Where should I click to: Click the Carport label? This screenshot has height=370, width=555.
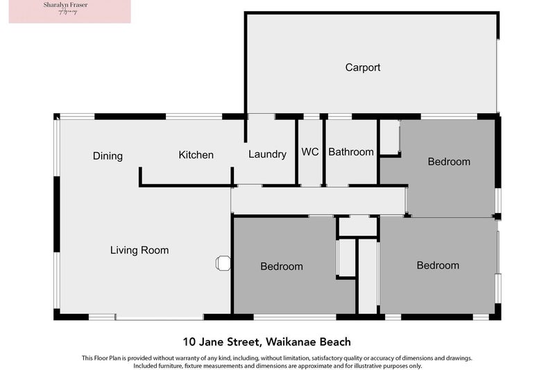(x=363, y=67)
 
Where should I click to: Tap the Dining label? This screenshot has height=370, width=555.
(x=108, y=156)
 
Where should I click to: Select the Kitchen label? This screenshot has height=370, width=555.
(x=196, y=155)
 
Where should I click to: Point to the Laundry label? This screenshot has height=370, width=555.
(x=266, y=154)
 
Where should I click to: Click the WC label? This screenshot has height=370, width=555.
(x=310, y=151)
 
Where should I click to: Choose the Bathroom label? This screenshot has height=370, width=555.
(x=350, y=152)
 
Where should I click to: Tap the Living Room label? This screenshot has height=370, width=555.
(x=139, y=250)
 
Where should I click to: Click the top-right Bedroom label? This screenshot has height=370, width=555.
(x=449, y=162)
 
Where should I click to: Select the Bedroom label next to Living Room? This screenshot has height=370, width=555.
(x=282, y=266)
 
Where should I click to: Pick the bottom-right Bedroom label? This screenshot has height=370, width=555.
(x=438, y=265)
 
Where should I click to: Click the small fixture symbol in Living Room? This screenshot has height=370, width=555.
(x=223, y=262)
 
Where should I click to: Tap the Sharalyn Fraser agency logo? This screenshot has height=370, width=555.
(x=69, y=12)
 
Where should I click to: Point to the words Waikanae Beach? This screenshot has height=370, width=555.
(x=307, y=342)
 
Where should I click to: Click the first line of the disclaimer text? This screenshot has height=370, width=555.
(x=277, y=358)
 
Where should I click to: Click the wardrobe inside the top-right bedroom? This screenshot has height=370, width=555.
(x=389, y=137)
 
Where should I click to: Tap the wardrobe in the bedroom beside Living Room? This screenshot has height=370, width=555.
(x=345, y=258)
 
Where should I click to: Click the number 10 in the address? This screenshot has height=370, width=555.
(x=189, y=342)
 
